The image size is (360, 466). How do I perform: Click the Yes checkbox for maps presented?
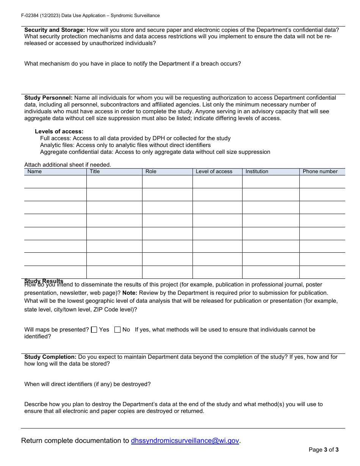point(94,330)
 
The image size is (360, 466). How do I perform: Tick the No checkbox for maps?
point(117,330)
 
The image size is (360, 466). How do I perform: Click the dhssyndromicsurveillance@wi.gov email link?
point(185,441)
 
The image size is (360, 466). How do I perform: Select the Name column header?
point(34,172)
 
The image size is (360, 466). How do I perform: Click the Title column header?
point(95,172)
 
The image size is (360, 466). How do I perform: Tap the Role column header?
point(151,172)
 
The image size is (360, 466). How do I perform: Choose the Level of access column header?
point(214,172)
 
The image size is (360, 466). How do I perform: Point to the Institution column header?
point(257,172)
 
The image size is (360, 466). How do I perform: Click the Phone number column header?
point(320,172)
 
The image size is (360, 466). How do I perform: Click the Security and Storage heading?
point(55,30)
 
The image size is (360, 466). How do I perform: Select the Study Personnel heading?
point(48,98)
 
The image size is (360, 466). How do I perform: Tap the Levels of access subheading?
point(59,131)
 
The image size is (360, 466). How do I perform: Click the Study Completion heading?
point(50,357)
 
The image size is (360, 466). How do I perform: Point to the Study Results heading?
point(44,281)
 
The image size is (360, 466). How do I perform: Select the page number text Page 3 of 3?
point(323,450)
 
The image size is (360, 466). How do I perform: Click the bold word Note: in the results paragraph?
point(130,293)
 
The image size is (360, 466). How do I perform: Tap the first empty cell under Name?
point(55,182)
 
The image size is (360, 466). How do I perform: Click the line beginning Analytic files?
point(125,145)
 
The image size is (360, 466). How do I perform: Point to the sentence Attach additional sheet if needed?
point(67,165)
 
